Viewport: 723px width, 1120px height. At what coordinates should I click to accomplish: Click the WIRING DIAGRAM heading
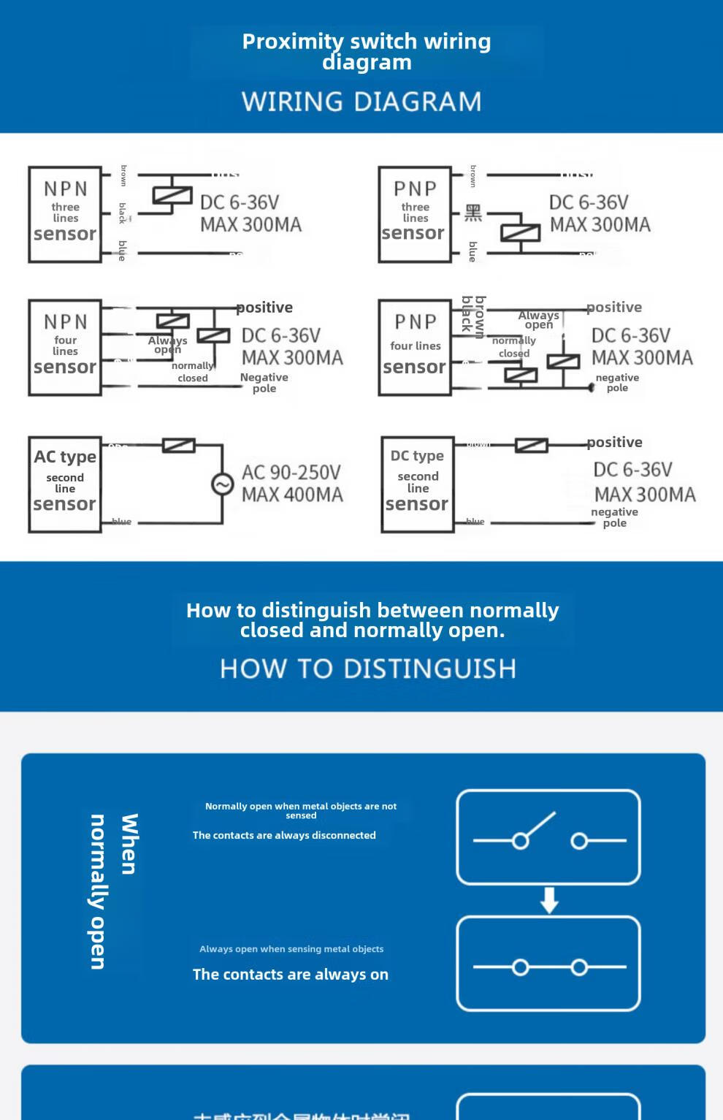tap(361, 102)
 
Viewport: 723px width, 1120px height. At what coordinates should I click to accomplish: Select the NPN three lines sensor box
tap(65, 214)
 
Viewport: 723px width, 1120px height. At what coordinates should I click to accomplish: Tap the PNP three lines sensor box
tap(414, 214)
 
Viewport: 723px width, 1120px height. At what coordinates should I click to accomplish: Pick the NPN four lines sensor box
tap(65, 347)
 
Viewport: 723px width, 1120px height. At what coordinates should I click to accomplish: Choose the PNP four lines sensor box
tap(414, 347)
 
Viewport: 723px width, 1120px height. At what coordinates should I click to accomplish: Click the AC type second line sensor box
tap(65, 484)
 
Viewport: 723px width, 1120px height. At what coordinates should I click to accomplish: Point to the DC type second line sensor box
tap(417, 484)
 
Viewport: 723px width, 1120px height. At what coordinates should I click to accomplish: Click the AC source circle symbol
tap(222, 484)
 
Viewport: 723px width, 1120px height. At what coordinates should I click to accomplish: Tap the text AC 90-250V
tap(291, 472)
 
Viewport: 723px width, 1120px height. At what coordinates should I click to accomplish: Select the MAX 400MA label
tap(292, 495)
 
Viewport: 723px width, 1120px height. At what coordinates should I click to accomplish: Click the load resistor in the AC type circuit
tap(178, 445)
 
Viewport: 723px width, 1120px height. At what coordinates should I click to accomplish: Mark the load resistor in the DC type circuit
tap(531, 445)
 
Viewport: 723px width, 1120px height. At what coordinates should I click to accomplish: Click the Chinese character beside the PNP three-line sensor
tap(473, 213)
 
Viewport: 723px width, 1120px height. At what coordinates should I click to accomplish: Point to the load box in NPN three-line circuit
tap(172, 195)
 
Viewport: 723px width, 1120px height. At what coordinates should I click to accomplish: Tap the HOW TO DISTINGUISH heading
tap(368, 668)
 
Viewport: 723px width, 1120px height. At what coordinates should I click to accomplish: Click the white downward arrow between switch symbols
tap(549, 900)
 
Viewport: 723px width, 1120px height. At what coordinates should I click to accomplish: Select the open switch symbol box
tap(548, 837)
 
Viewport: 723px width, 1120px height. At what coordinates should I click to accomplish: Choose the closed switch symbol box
tap(548, 964)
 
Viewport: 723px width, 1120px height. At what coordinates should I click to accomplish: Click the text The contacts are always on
tap(290, 974)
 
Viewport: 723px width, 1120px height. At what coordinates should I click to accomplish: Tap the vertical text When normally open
tap(112, 891)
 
